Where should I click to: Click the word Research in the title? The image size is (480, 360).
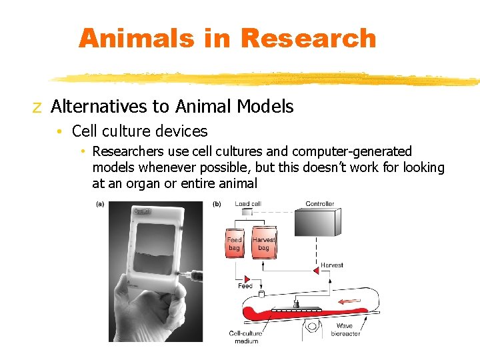308,38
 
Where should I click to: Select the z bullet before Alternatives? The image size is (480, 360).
37,107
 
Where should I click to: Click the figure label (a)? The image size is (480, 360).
100,204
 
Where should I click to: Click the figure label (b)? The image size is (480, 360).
217,204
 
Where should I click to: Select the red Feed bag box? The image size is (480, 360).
235,243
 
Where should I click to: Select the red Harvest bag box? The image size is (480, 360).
263,243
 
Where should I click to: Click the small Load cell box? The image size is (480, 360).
247,212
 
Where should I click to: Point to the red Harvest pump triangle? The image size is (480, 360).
316,271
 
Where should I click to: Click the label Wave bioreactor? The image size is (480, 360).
345,329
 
